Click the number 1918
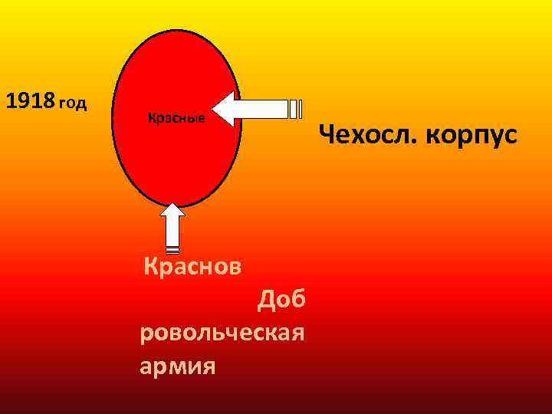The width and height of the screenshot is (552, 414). (30, 100)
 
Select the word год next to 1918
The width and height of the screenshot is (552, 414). (73, 103)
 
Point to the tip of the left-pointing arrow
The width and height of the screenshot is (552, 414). (214, 110)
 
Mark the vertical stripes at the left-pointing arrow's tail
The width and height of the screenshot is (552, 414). (295, 110)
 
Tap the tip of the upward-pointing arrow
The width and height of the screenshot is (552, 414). (173, 205)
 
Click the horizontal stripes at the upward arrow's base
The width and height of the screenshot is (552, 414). (173, 250)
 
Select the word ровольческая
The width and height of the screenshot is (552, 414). (223, 333)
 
